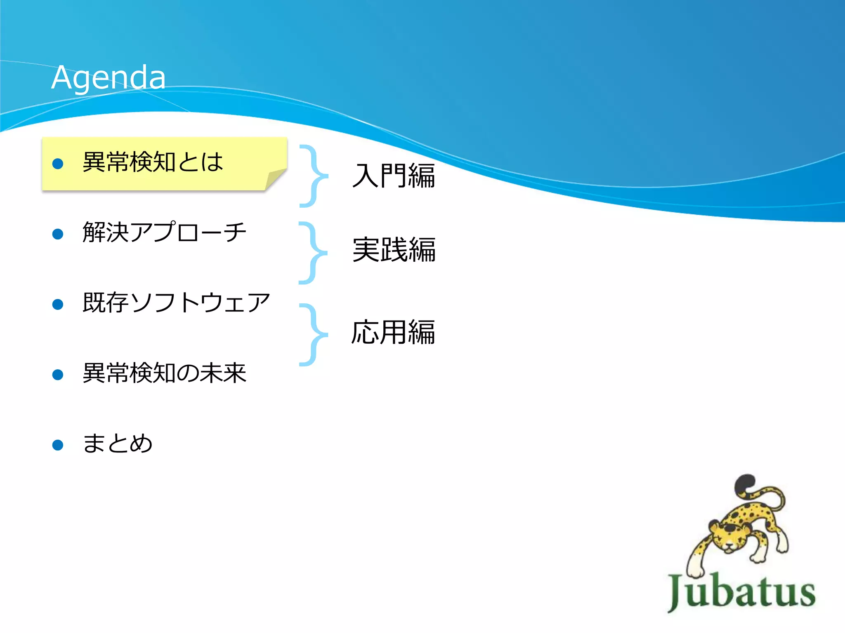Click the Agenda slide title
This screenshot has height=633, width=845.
[109, 77]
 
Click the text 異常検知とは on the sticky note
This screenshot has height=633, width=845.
[153, 162]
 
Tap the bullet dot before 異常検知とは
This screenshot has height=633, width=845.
[58, 164]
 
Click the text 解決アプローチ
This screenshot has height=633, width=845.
[164, 232]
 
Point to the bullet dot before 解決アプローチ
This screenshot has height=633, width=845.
[58, 234]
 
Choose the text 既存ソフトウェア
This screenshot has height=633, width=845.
[176, 302]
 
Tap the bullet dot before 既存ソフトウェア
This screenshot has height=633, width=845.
[58, 305]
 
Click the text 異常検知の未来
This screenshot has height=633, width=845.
[164, 373]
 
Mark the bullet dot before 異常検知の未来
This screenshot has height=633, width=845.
[58, 375]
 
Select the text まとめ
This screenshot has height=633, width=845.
[118, 443]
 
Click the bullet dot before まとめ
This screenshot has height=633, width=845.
[58, 445]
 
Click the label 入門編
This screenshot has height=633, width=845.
[394, 176]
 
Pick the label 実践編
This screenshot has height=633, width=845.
[394, 250]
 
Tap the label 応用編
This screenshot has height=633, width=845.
[393, 332]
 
